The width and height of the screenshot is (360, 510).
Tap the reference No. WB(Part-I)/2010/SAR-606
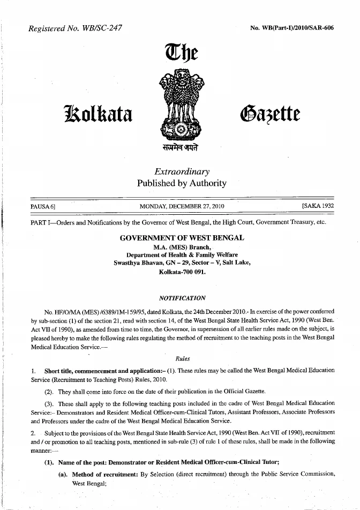coord(291,28)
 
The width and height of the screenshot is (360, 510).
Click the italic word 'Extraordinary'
coord(182,172)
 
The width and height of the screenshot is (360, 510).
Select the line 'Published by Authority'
coord(182,183)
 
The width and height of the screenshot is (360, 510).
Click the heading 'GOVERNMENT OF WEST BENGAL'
coord(182,237)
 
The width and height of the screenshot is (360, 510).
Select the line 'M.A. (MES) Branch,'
coord(182,247)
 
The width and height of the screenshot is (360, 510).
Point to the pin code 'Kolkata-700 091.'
coord(182,272)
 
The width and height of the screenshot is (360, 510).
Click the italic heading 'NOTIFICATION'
coord(182,298)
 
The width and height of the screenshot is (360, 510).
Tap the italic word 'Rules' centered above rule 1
coord(182,358)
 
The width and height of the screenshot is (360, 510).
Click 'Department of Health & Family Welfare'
coord(182,255)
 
